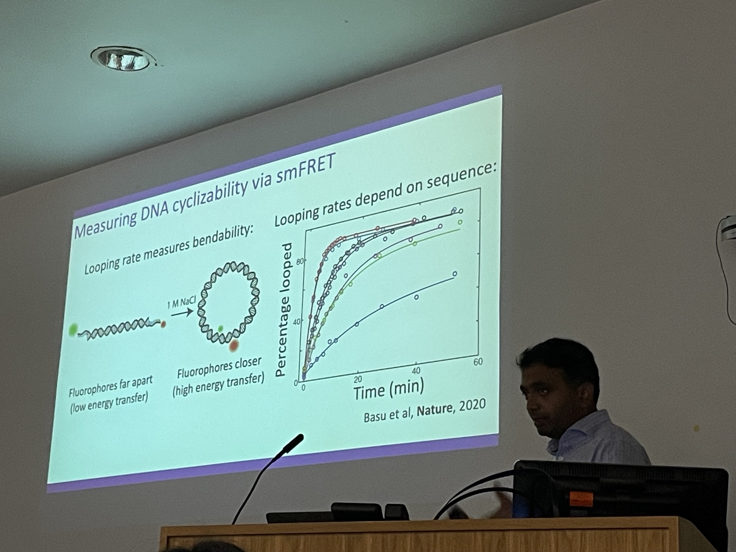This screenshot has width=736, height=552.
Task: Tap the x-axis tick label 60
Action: (478, 362)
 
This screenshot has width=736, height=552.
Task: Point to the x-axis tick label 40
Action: (416, 371)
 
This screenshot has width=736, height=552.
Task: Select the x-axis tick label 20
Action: (358, 379)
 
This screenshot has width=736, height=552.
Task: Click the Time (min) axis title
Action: (389, 389)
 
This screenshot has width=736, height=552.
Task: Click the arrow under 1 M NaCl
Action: (182, 313)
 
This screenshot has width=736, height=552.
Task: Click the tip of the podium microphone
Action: (300, 438)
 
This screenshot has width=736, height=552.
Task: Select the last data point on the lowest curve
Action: (455, 274)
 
